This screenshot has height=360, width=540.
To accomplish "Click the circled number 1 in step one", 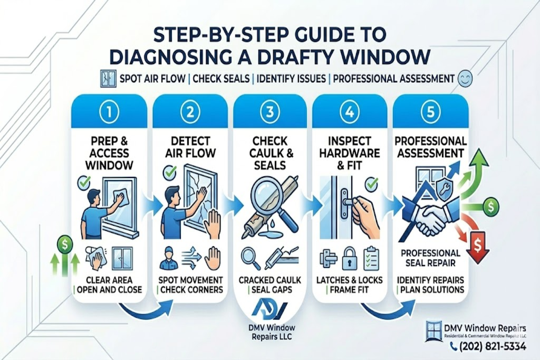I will [109, 112].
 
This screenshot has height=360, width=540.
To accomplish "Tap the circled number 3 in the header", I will [270, 112].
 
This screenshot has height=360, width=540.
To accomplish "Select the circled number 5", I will [431, 112].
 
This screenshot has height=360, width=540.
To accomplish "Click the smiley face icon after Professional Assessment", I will [465, 79].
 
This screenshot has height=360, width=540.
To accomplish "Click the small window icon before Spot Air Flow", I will [108, 79].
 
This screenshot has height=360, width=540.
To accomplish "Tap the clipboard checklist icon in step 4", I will [371, 258].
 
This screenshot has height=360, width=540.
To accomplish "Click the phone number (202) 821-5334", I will [492, 347].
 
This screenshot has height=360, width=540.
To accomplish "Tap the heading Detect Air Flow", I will [190, 147].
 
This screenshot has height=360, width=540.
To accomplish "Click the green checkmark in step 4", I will [371, 185].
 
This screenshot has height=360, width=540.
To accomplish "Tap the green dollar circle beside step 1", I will [65, 245].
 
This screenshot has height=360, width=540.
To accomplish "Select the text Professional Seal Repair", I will [431, 258].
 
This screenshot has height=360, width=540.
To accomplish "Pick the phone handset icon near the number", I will [454, 347].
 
